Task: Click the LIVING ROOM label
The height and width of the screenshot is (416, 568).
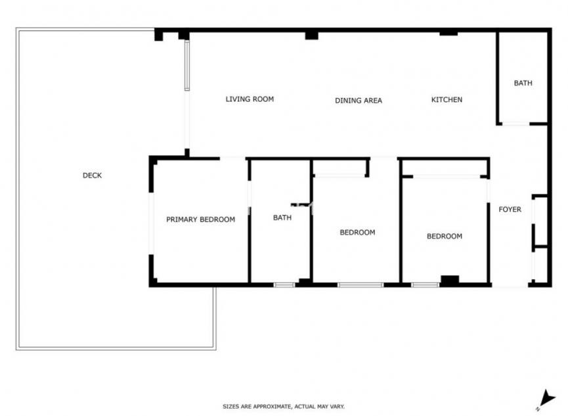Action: click(250, 99)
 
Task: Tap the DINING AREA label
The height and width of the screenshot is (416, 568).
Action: click(359, 101)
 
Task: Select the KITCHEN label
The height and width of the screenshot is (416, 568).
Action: click(447, 100)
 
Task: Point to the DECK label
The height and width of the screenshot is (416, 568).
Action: click(92, 175)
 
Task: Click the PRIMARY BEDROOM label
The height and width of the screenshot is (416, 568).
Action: click(200, 220)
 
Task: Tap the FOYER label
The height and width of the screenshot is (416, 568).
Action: click(510, 210)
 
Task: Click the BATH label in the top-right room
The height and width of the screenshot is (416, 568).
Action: click(523, 83)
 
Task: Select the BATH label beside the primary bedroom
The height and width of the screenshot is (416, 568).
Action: click(282, 218)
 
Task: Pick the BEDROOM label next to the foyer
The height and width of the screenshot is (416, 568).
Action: click(445, 237)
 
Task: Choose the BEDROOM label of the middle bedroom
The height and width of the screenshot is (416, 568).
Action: click(357, 232)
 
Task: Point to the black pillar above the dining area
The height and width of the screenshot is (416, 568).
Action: click(311, 35)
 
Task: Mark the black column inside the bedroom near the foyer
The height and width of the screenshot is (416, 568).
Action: click(449, 280)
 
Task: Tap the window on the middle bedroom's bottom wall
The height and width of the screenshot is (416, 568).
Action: click(360, 285)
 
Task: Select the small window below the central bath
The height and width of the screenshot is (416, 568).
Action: click(284, 285)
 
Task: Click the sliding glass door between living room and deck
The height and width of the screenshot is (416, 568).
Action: click(187, 66)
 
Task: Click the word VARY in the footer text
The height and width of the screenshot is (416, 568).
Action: click(336, 407)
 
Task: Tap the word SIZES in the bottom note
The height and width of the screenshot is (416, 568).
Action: click(231, 407)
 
